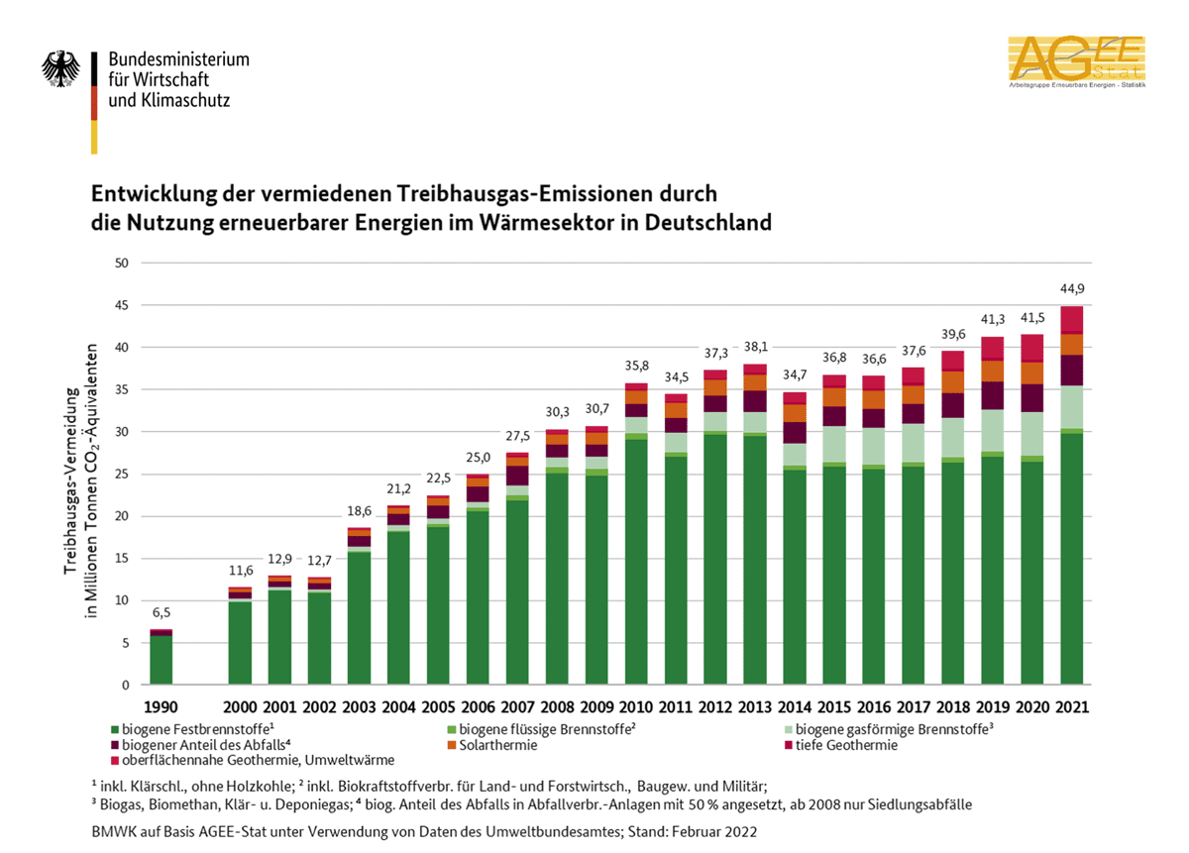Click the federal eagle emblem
pos(60,70)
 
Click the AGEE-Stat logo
pos(1076,62)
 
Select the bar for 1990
pos(161,657)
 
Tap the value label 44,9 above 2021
pos(1072,289)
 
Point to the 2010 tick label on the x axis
pos(635,707)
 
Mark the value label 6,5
pos(161,613)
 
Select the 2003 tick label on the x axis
pos(359,707)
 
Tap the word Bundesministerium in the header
pos(179,59)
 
